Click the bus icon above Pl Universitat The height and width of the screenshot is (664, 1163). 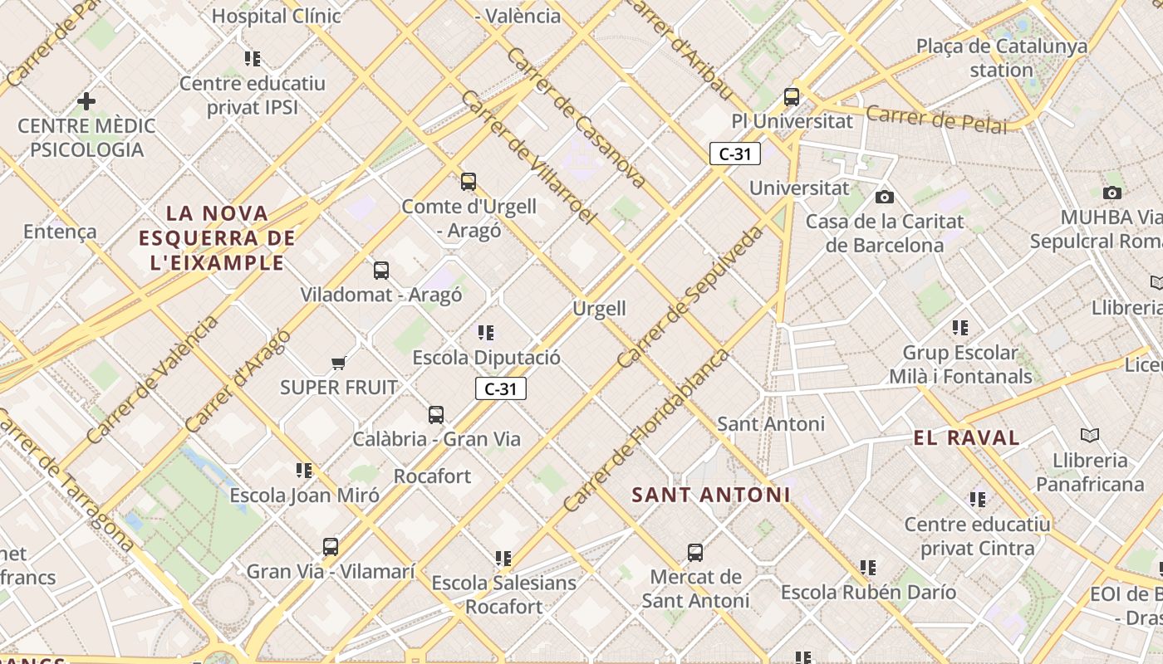(x=792, y=96)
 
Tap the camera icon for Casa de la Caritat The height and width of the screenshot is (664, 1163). (x=885, y=197)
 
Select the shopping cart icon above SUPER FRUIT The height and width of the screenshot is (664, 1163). (x=338, y=363)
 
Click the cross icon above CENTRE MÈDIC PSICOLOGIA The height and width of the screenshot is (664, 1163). (x=86, y=101)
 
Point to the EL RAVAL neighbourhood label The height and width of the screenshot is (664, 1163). (x=966, y=438)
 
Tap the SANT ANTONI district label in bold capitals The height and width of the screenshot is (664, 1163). (x=710, y=495)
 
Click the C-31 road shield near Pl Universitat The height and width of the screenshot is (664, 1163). (x=735, y=154)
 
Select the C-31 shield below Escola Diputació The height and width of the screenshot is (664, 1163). (x=501, y=388)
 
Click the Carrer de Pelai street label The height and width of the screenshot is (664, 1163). (x=936, y=120)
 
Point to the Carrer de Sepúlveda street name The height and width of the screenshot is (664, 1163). (x=690, y=296)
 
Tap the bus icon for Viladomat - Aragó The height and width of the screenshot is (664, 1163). (x=381, y=270)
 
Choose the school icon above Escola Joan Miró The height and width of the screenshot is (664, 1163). (x=304, y=471)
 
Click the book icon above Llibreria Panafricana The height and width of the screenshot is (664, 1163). (x=1090, y=435)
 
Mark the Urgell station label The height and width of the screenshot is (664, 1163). (x=599, y=309)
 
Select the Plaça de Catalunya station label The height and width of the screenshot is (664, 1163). (x=1001, y=57)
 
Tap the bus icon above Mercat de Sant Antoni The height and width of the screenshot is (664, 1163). (x=695, y=552)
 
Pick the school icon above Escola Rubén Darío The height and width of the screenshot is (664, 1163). (x=868, y=568)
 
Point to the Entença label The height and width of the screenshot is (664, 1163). (x=60, y=232)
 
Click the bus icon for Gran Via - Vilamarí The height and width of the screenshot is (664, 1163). (x=331, y=547)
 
